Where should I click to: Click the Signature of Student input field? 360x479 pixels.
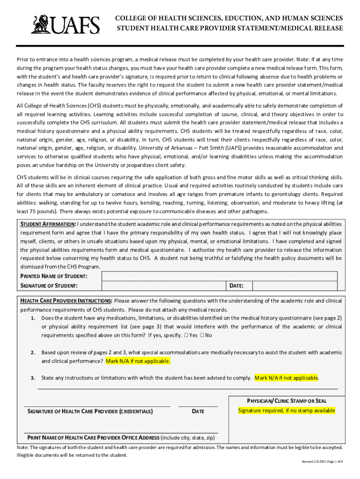pyautogui.click(x=164, y=285)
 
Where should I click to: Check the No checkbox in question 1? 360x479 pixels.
pyautogui.click(x=202, y=335)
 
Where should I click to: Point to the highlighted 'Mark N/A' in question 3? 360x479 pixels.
pyautogui.click(x=286, y=378)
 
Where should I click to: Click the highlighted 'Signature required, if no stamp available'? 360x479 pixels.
pyautogui.click(x=287, y=411)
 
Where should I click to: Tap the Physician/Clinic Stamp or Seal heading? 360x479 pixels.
pyautogui.click(x=287, y=401)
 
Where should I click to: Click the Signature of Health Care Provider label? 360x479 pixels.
pyautogui.click(x=90, y=412)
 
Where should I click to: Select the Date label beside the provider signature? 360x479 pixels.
pyautogui.click(x=198, y=412)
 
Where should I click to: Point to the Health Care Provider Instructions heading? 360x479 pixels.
pyautogui.click(x=66, y=301)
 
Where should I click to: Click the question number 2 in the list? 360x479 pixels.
pyautogui.click(x=33, y=352)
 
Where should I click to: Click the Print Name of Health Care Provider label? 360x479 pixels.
pyautogui.click(x=94, y=438)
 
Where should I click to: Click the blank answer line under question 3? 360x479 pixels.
pyautogui.click(x=187, y=388)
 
